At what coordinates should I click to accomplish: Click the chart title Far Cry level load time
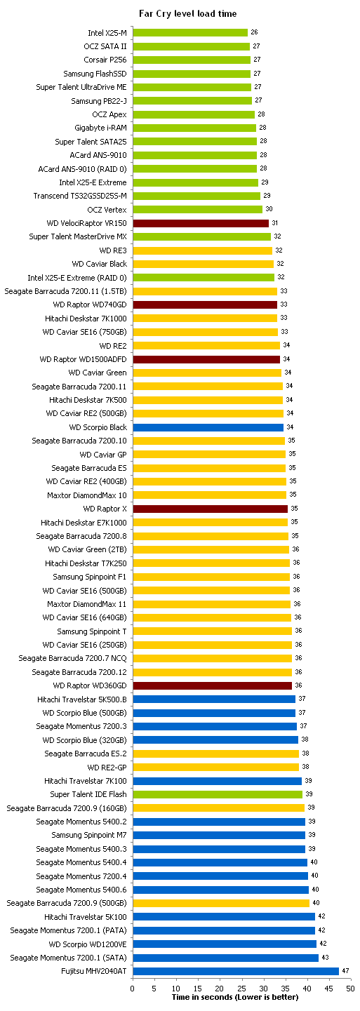point(187,13)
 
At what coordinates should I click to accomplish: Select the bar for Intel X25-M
point(190,32)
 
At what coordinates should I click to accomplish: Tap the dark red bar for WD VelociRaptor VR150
point(201,223)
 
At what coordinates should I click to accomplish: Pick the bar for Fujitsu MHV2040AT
point(236,971)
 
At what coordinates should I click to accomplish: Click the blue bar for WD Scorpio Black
point(208,427)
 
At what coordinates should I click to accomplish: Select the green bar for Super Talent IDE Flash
point(218,794)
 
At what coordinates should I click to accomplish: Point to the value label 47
point(345,970)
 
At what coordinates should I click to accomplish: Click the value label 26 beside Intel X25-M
point(254,32)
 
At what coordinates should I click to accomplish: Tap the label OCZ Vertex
point(107,209)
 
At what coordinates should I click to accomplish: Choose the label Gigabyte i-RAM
point(101,128)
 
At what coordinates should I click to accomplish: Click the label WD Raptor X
point(105,509)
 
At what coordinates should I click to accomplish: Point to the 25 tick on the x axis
point(241,989)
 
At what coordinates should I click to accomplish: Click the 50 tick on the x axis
point(350,989)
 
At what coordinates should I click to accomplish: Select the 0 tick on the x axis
point(133,989)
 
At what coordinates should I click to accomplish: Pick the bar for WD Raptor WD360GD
point(213,685)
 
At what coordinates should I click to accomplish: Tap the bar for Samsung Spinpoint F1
point(211,576)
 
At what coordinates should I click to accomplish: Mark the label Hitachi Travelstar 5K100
point(86,917)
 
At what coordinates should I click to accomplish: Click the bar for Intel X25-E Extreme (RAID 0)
point(204,277)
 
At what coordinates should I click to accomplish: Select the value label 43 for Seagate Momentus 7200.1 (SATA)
point(325,957)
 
